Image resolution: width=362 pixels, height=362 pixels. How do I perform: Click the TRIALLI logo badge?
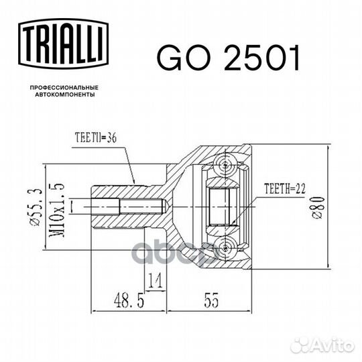tap(63, 44)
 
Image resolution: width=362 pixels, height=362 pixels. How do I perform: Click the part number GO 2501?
tap(228, 58)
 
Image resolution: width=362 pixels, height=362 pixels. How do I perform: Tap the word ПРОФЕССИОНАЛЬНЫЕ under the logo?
tap(64, 88)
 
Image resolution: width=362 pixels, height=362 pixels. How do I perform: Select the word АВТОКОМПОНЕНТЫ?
tap(65, 95)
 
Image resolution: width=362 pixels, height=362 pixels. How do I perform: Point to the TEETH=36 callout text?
tap(96, 137)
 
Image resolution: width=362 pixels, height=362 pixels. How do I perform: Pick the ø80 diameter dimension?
tap(318, 207)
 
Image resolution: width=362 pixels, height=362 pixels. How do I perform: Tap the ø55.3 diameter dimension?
tap(37, 206)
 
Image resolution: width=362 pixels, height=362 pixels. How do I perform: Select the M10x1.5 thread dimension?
tap(57, 210)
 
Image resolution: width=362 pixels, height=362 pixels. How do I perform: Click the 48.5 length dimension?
tap(129, 301)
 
